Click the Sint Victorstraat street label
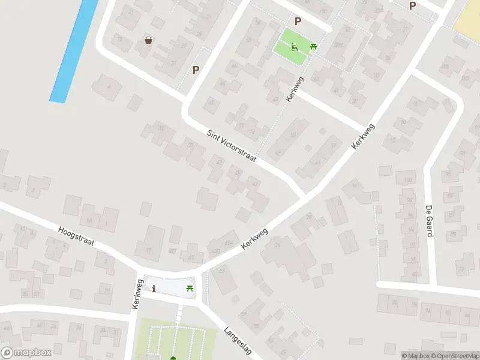click(232, 146)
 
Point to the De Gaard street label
click(430, 221)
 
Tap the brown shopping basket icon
click(148, 40)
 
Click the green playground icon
click(294, 46)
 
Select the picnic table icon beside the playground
click(313, 47)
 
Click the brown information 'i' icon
click(154, 289)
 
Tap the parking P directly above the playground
click(298, 22)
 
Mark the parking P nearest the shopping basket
click(196, 70)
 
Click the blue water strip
click(74, 51)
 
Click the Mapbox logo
click(26, 353)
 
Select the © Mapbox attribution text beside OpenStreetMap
click(415, 356)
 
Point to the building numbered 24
click(277, 245)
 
